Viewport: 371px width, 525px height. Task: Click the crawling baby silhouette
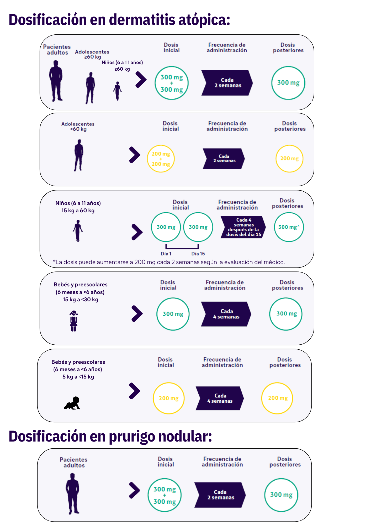coord(72,403)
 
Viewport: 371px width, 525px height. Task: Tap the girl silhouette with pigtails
coord(74,321)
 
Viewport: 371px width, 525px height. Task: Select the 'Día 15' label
coord(198,254)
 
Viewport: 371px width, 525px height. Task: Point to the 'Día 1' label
coord(166,254)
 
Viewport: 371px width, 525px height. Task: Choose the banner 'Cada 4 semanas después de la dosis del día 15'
coord(243,227)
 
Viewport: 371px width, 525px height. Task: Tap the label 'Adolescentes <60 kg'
coord(78,126)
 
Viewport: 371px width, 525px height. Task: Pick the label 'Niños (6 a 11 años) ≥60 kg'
coord(122,66)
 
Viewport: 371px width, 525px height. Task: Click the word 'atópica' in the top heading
coord(204,20)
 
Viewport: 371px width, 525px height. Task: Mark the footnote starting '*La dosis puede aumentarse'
coord(169,262)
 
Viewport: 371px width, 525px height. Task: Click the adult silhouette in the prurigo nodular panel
coord(72,494)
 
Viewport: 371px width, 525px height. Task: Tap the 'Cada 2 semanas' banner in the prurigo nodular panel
coord(220,495)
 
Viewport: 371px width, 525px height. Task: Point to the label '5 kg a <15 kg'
coord(78,377)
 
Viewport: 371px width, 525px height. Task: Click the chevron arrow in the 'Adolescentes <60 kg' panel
coord(135,155)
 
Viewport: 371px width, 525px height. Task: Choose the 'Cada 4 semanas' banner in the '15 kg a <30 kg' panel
coord(226,314)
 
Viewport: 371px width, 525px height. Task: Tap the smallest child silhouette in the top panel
coord(117,91)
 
